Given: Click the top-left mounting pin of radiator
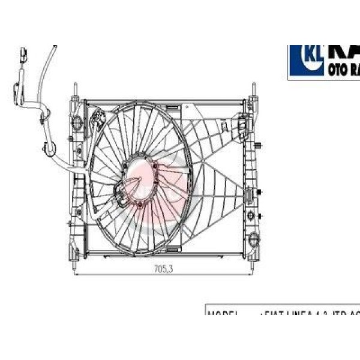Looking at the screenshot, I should point(75,90).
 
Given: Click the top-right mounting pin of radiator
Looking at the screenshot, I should point(253,90).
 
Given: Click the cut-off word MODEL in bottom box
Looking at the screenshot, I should point(224,313).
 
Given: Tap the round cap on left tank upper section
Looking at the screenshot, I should point(76,123).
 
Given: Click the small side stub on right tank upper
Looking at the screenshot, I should point(259,146).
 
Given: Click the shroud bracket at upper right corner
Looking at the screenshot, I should point(242,124).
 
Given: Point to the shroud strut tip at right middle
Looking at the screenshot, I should point(248,193).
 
